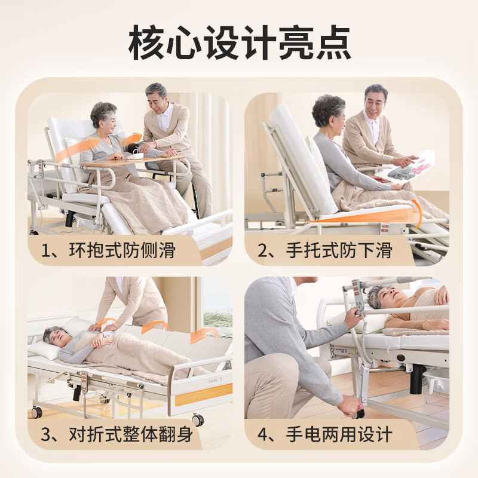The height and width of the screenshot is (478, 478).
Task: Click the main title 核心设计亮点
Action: (239, 43)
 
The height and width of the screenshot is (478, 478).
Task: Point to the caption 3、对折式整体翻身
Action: (117, 434)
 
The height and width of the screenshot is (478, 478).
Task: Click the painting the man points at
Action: (411, 166)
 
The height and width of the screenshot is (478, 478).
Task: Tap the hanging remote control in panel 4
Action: (357, 299)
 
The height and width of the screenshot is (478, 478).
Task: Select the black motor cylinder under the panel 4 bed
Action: (416, 379)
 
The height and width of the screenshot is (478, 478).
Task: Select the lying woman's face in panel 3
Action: (53, 337)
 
